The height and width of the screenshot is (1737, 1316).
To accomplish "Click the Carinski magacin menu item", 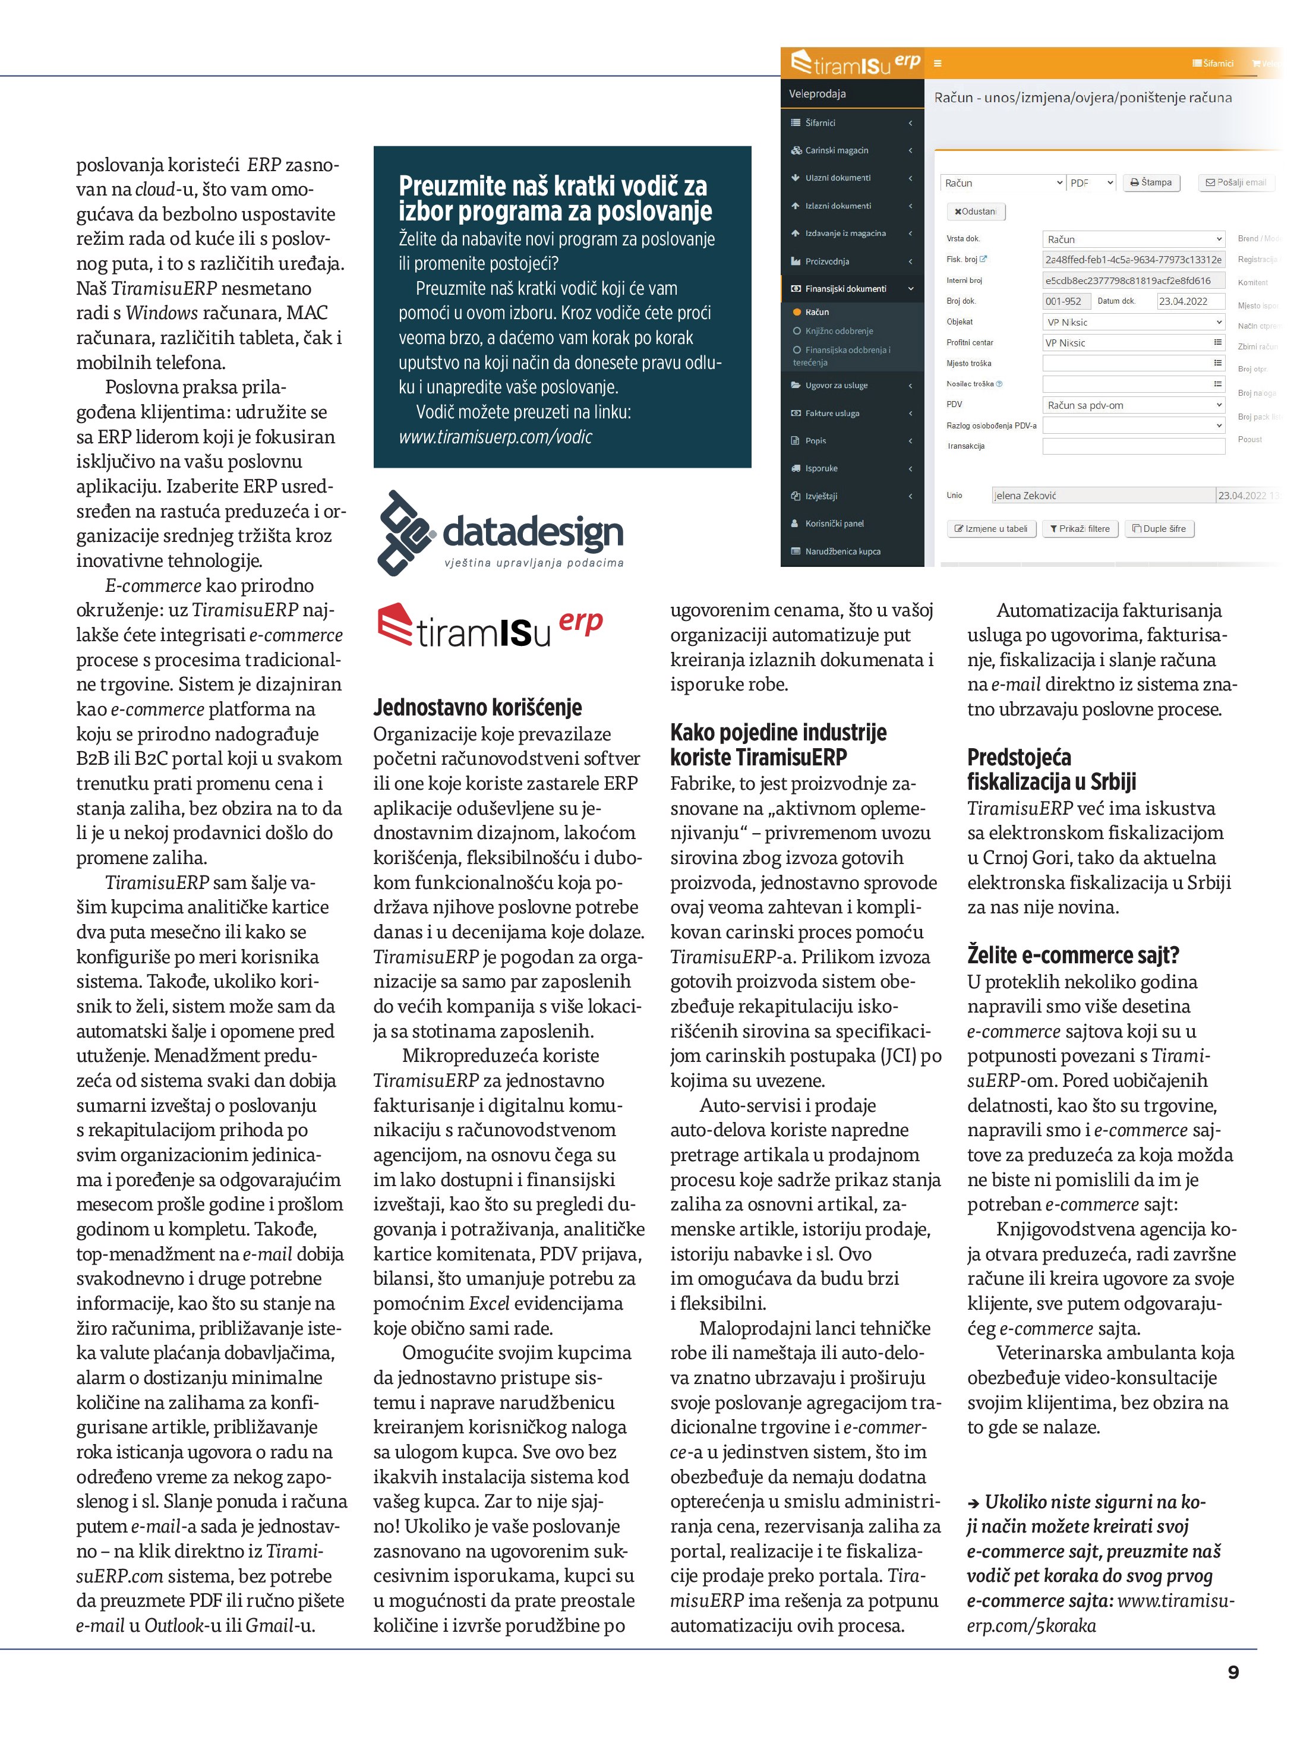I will (837, 150).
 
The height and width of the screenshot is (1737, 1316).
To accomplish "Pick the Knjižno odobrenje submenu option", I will (838, 330).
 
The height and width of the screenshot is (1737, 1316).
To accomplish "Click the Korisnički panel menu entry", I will (834, 523).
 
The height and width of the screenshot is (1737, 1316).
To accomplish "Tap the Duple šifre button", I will (1159, 528).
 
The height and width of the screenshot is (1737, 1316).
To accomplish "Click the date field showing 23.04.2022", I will (1189, 301).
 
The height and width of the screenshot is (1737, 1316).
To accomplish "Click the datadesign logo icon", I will (405, 532).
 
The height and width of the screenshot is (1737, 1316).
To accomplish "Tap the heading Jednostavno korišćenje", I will (478, 708).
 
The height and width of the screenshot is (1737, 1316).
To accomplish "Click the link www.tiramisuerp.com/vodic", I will (496, 437).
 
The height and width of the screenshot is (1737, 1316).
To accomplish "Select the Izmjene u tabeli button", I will (990, 528).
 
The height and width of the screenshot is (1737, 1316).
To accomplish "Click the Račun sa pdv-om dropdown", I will (1133, 405).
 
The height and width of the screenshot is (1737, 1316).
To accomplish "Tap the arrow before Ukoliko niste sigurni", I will (973, 1503).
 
